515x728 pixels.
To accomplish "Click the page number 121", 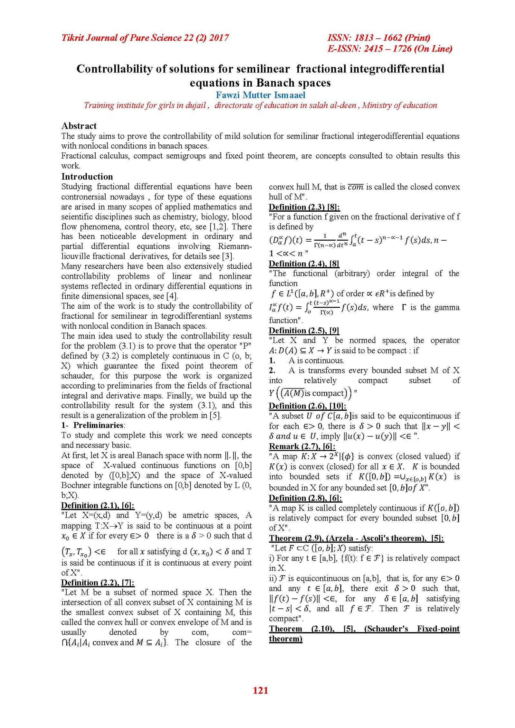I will (260, 690).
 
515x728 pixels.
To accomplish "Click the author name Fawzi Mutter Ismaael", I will (260, 95).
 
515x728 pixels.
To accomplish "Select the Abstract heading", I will (79, 126).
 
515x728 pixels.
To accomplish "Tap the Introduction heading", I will (87, 176).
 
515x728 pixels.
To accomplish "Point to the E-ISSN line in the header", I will (390, 49).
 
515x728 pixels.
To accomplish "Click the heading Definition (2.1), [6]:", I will (98, 505).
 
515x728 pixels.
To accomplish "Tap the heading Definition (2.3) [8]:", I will (304, 207).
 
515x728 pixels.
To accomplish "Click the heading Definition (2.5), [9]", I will (304, 330).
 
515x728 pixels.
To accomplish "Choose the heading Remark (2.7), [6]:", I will (302, 446).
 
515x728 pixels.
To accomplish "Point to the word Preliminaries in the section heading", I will (98, 425).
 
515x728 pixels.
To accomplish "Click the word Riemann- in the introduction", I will (235, 246).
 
